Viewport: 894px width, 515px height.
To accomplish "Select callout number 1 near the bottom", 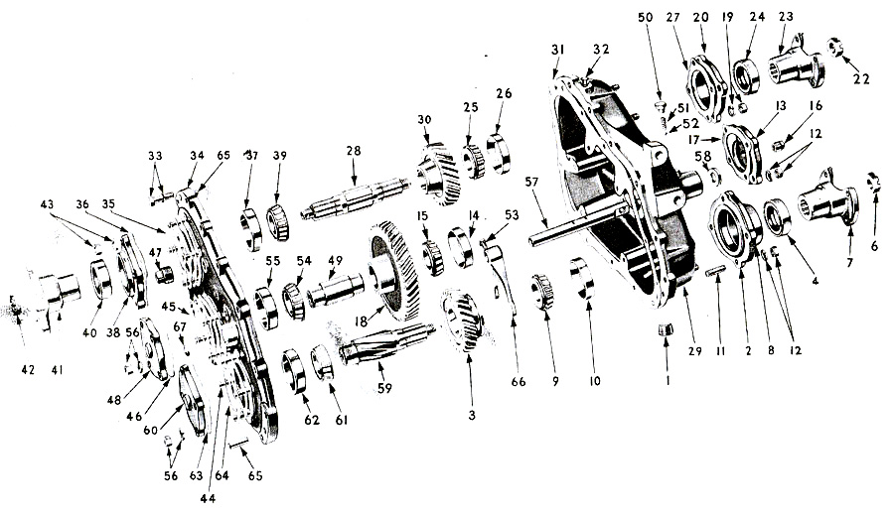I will pyautogui.click(x=668, y=378).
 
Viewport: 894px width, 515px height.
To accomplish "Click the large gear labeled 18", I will pyautogui.click(x=392, y=273).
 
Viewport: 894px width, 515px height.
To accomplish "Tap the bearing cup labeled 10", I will pyautogui.click(x=582, y=279).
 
